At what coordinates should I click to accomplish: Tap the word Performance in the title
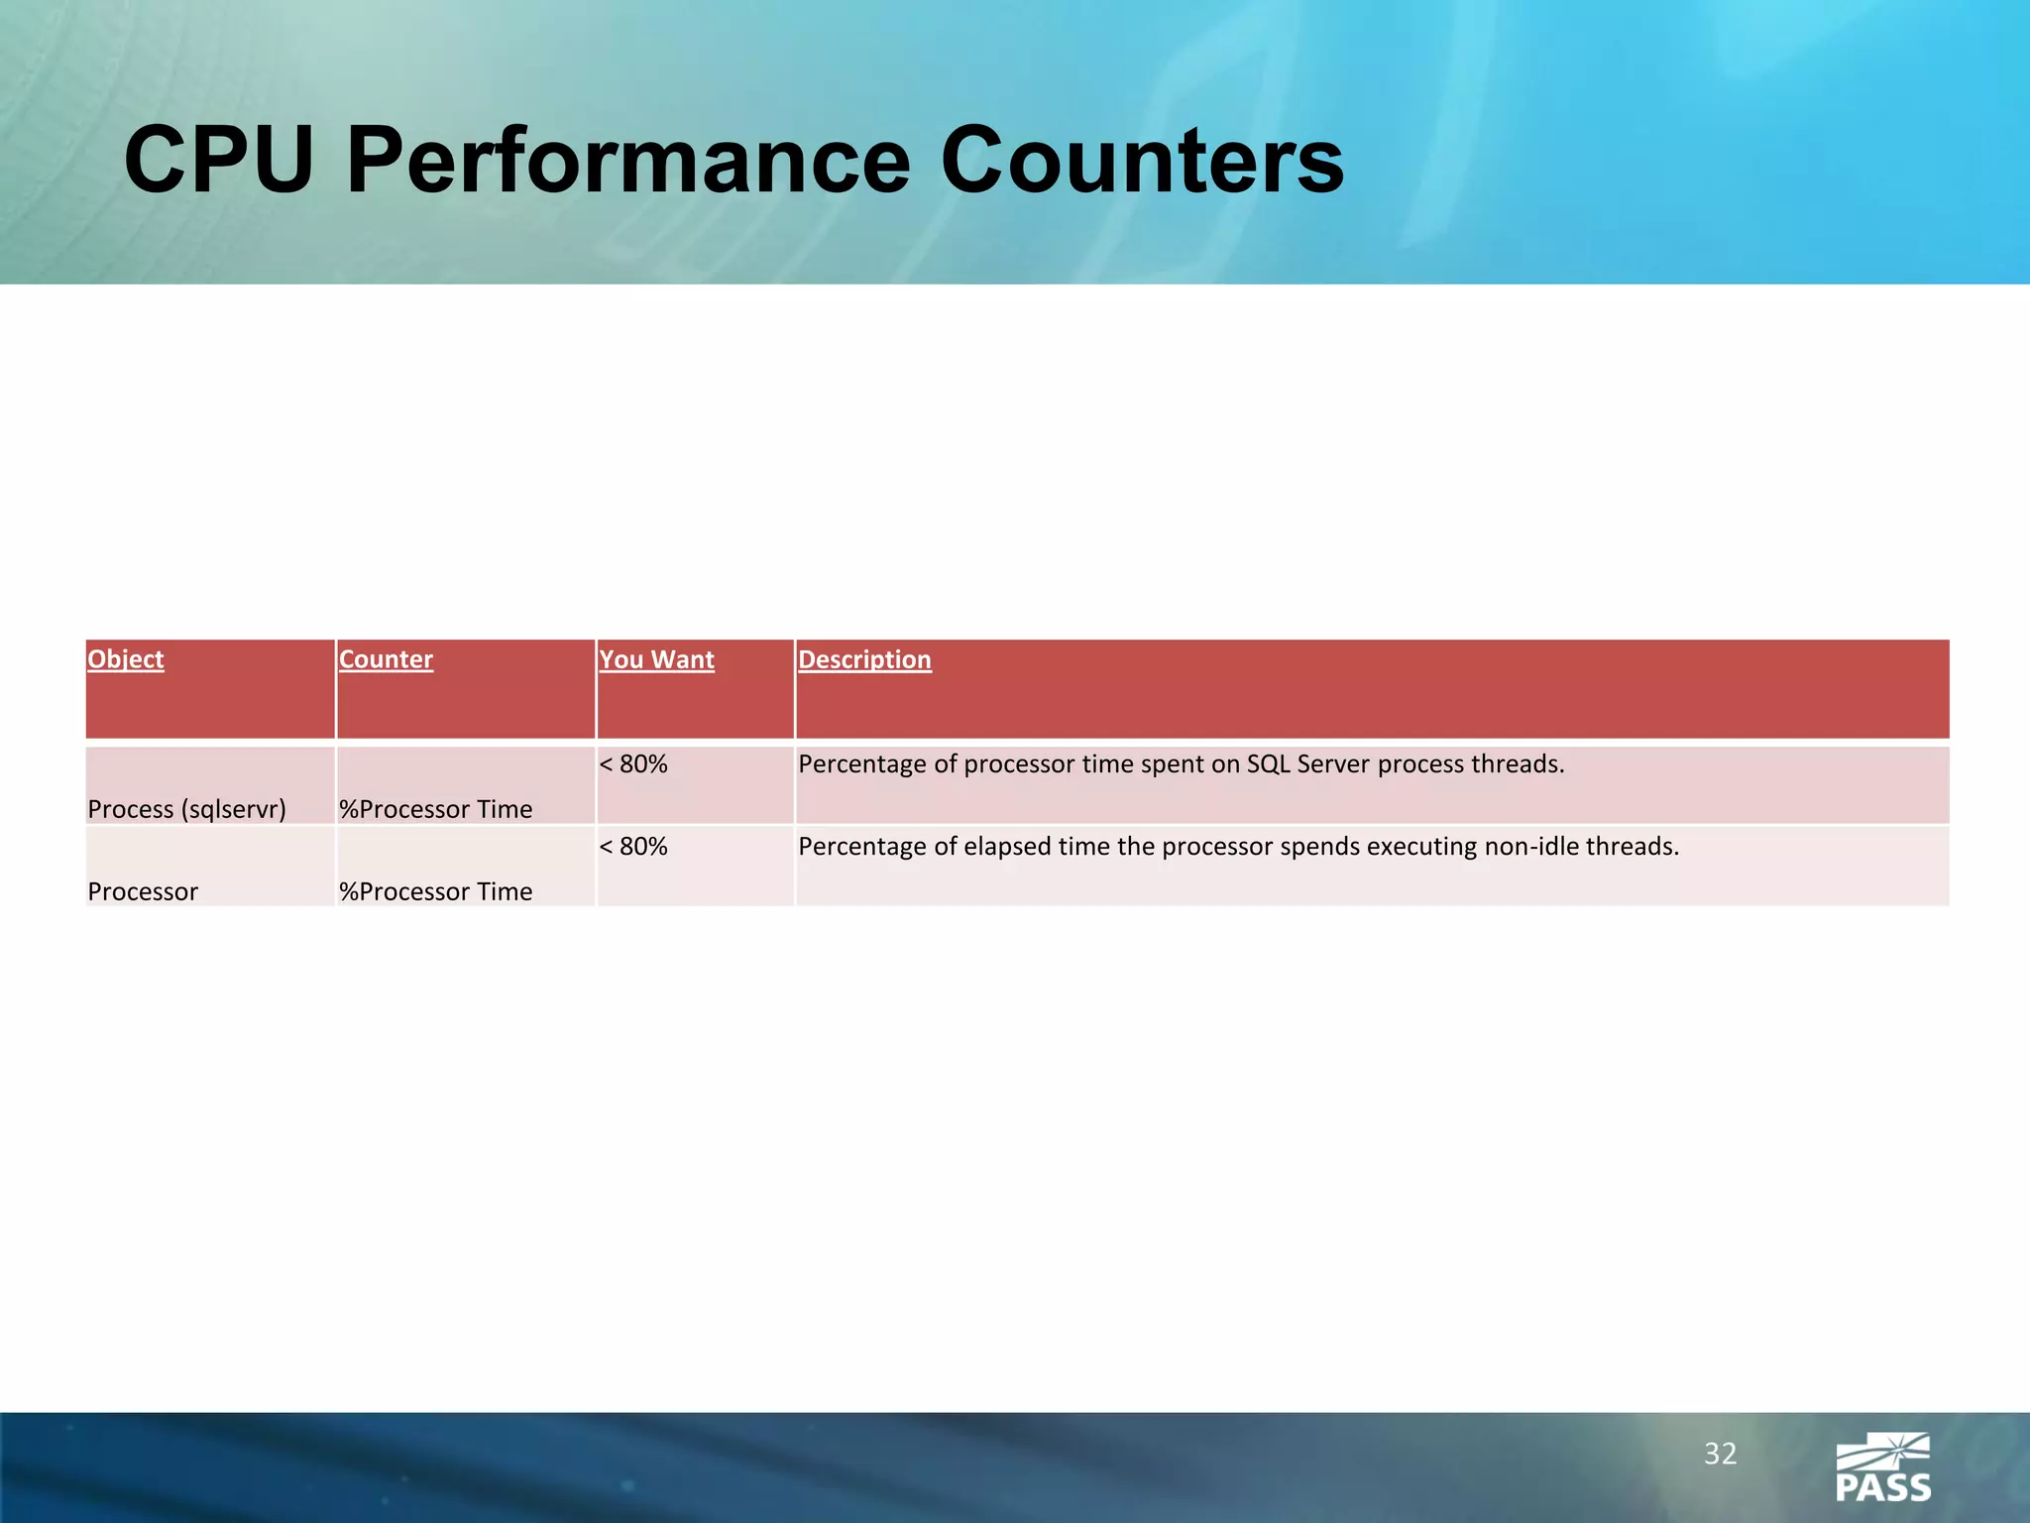coord(627,161)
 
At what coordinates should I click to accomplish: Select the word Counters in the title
coord(1141,161)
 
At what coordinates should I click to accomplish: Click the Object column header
coord(126,659)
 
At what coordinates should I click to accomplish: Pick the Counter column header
coord(386,659)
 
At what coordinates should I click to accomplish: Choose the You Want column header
coord(656,659)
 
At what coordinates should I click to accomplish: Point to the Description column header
coord(864,659)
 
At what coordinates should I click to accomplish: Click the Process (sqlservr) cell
coord(186,809)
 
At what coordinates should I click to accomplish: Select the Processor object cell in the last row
coord(143,891)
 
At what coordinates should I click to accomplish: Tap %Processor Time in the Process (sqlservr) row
coord(435,809)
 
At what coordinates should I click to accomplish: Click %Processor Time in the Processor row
coord(435,891)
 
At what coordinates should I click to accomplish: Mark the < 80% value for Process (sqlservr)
coord(633,764)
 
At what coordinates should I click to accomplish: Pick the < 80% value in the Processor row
coord(633,847)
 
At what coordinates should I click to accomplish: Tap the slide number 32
coord(1720,1454)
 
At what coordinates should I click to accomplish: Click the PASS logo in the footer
coord(1882,1467)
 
